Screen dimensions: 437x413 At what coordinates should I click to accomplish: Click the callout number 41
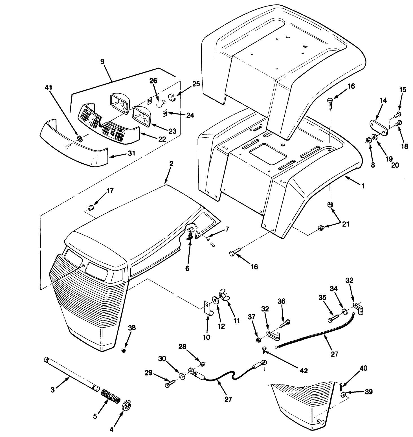tap(49, 87)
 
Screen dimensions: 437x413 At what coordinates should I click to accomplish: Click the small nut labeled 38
tap(123, 350)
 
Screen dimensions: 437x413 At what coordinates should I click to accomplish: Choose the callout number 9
tap(102, 61)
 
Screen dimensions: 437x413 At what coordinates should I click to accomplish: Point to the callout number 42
tap(304, 370)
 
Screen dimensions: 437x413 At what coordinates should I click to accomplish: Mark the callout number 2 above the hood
tap(171, 164)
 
